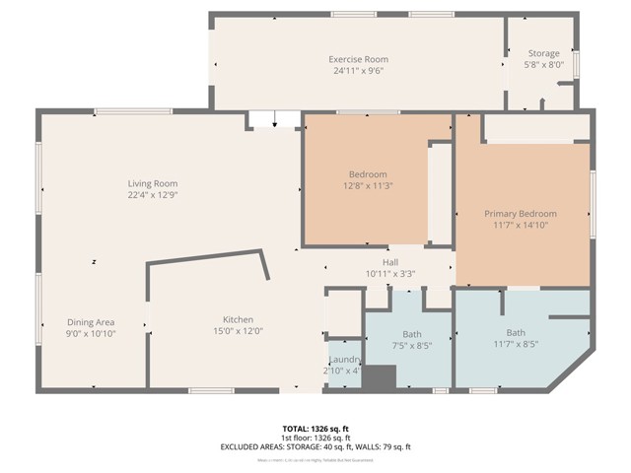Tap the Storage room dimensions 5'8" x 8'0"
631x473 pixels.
click(x=543, y=65)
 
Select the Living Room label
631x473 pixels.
click(x=152, y=183)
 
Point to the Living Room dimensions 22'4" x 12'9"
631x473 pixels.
click(x=152, y=195)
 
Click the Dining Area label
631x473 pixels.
click(x=92, y=322)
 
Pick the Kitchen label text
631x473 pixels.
click(x=238, y=320)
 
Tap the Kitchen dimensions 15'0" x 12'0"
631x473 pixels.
click(x=238, y=332)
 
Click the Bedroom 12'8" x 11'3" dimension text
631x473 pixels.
click(x=368, y=185)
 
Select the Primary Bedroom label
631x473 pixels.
click(x=520, y=213)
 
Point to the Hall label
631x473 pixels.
click(x=390, y=262)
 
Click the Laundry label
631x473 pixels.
click(x=344, y=360)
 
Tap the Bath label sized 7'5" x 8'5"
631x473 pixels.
click(x=411, y=334)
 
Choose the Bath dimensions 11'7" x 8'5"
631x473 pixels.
click(x=516, y=345)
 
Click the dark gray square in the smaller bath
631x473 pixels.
click(x=380, y=376)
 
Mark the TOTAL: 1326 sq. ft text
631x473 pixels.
click(x=315, y=430)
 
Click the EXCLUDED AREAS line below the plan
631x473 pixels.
click(x=315, y=447)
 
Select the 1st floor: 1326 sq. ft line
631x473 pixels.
click(x=315, y=439)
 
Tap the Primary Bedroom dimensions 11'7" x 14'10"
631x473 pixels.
click(x=520, y=225)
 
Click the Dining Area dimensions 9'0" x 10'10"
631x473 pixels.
click(x=92, y=334)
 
